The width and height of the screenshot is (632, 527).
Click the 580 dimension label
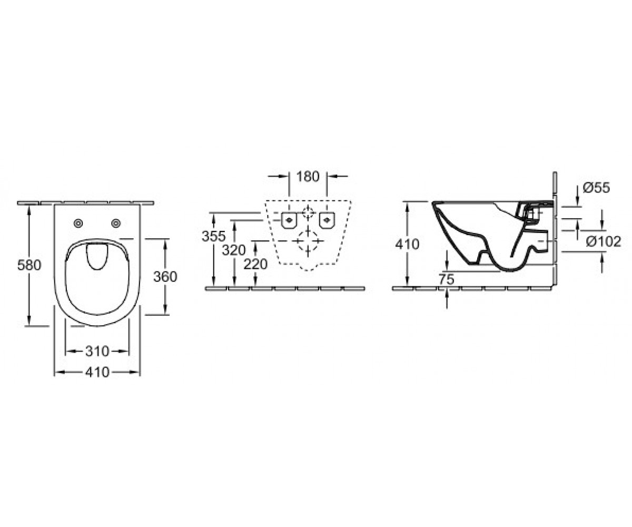point(29,266)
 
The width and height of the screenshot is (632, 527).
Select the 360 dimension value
point(165,277)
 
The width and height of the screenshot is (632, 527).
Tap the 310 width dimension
point(97,352)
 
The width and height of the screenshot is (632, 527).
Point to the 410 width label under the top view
point(97,373)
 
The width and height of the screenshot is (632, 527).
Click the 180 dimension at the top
point(308,177)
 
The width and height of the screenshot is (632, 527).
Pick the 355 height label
point(214,236)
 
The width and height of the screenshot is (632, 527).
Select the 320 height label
point(233,250)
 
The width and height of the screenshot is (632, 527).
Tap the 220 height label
point(255,265)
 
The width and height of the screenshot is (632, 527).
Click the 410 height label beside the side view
point(408,244)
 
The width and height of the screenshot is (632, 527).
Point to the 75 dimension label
point(447,279)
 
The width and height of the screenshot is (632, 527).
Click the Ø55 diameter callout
point(596,188)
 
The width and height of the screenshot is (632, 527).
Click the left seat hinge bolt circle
point(78,223)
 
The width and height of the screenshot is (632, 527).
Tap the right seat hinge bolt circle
point(116,223)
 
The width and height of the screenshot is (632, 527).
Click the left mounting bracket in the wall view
point(289,220)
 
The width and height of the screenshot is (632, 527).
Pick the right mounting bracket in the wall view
point(327,220)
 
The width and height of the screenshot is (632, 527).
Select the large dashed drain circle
point(308,241)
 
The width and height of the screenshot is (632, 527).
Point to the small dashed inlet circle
point(308,212)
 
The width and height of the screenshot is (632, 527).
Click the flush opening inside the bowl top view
point(97,257)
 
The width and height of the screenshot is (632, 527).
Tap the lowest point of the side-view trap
point(510,271)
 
